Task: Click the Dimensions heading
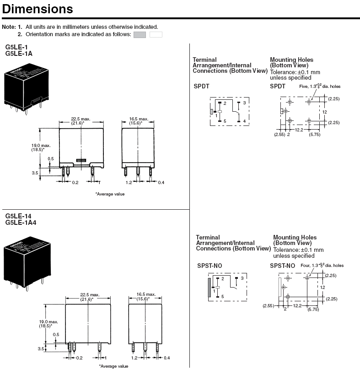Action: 38,9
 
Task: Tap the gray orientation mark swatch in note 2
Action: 140,34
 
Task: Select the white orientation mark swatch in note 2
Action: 156,34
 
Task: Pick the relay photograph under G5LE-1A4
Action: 26,261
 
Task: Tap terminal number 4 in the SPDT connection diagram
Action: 245,121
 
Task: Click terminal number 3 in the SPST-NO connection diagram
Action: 242,278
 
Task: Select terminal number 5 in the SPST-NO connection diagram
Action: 222,297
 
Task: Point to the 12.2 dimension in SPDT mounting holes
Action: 299,130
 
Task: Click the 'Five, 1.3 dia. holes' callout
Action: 319,86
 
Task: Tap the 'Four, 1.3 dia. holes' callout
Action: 322,265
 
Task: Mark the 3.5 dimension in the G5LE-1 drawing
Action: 34,173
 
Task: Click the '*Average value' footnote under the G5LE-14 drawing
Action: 113,366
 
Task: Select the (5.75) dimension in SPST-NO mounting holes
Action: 313,310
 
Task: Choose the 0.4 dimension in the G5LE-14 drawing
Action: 167,358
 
